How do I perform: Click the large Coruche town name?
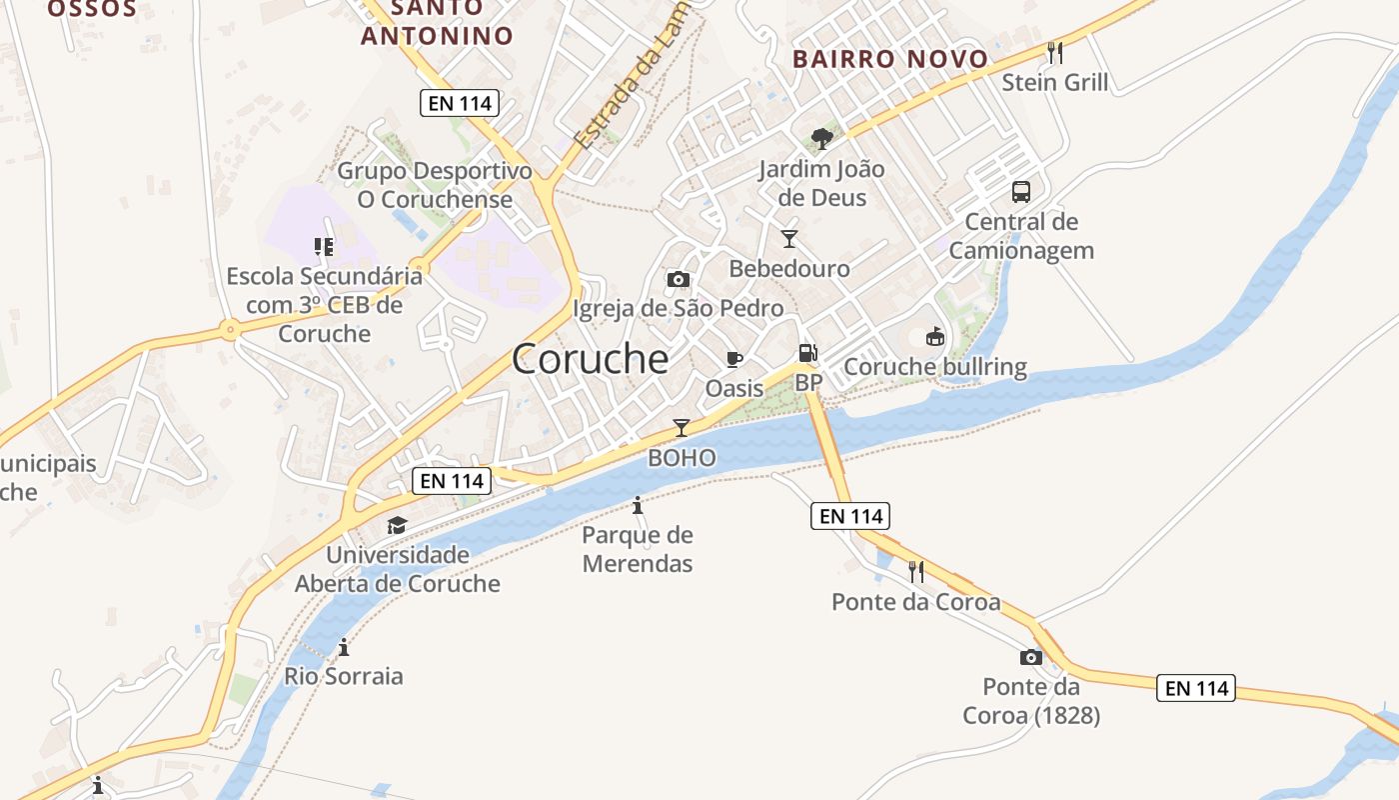point(590,359)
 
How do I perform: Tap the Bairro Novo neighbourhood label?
point(890,59)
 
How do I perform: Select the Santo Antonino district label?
point(437,22)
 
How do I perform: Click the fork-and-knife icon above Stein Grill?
point(1055,52)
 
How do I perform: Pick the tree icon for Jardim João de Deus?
point(822,138)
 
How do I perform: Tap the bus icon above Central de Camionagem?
point(1020,191)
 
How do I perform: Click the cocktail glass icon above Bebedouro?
point(789,238)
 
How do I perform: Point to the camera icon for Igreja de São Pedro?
point(679,279)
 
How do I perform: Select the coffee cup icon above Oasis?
point(734,359)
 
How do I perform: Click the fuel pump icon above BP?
point(807,353)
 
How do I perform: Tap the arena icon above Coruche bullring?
point(935,337)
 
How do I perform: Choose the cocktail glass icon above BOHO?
point(682,428)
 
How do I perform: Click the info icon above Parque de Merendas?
point(638,505)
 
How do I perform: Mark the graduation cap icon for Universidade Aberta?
point(397,525)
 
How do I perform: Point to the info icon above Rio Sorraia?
point(344,647)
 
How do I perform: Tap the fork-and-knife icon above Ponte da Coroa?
point(915,571)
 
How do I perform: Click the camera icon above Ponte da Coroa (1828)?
point(1030,657)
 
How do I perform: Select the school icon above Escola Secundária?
point(323,246)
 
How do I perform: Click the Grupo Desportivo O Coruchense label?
point(435,185)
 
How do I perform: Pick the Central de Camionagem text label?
point(1021,236)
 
